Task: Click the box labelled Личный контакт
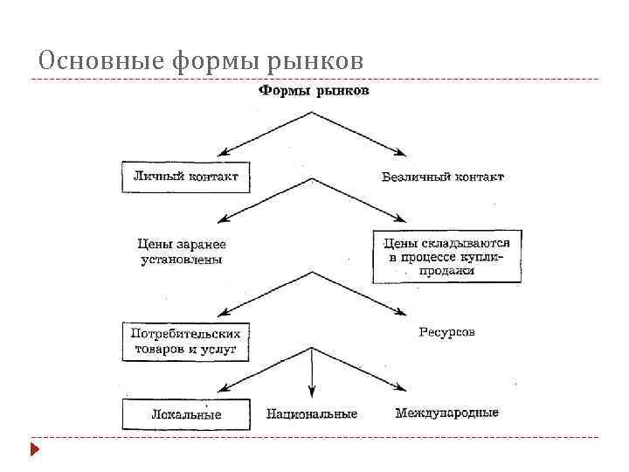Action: [185, 177]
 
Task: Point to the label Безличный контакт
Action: [443, 177]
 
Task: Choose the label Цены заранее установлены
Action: [182, 252]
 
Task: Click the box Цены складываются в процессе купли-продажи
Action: [446, 257]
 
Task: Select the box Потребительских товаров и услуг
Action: [185, 341]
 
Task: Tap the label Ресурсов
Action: [446, 332]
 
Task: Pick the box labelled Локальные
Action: [185, 414]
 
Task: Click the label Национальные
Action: [312, 413]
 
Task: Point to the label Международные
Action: [446, 413]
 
